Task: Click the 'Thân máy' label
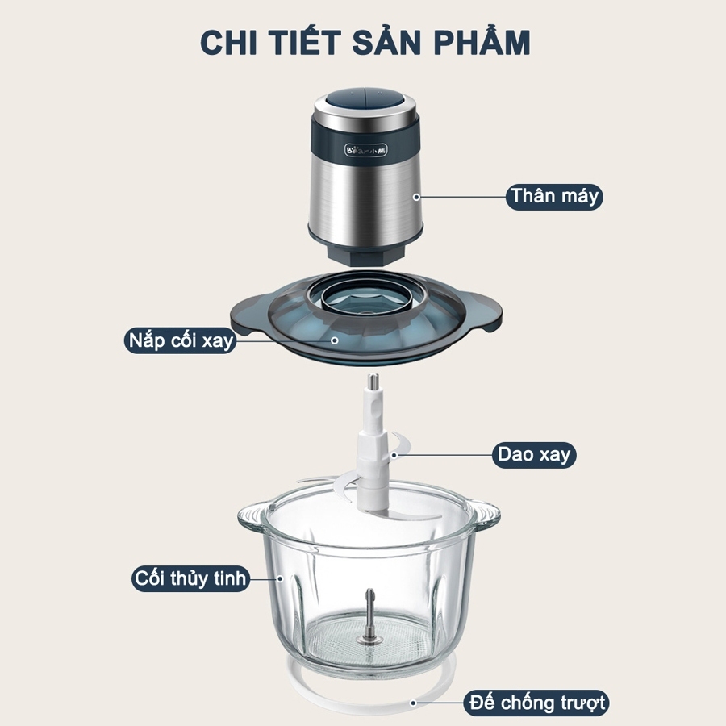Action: tap(553, 197)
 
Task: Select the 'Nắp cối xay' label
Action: tap(181, 340)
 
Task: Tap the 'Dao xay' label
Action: tap(534, 455)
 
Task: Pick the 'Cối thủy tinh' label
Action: tap(190, 578)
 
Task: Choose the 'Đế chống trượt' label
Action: tap(536, 703)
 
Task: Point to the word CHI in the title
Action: tap(228, 43)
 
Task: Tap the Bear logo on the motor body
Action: tap(365, 150)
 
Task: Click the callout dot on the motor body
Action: tap(416, 198)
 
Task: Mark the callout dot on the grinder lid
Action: tap(334, 340)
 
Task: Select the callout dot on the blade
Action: tap(394, 455)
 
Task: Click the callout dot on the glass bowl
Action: tap(280, 578)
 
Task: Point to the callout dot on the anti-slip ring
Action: tap(413, 703)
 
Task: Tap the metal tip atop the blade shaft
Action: tap(373, 382)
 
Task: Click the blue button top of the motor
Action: tap(365, 99)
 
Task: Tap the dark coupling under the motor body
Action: tap(365, 255)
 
